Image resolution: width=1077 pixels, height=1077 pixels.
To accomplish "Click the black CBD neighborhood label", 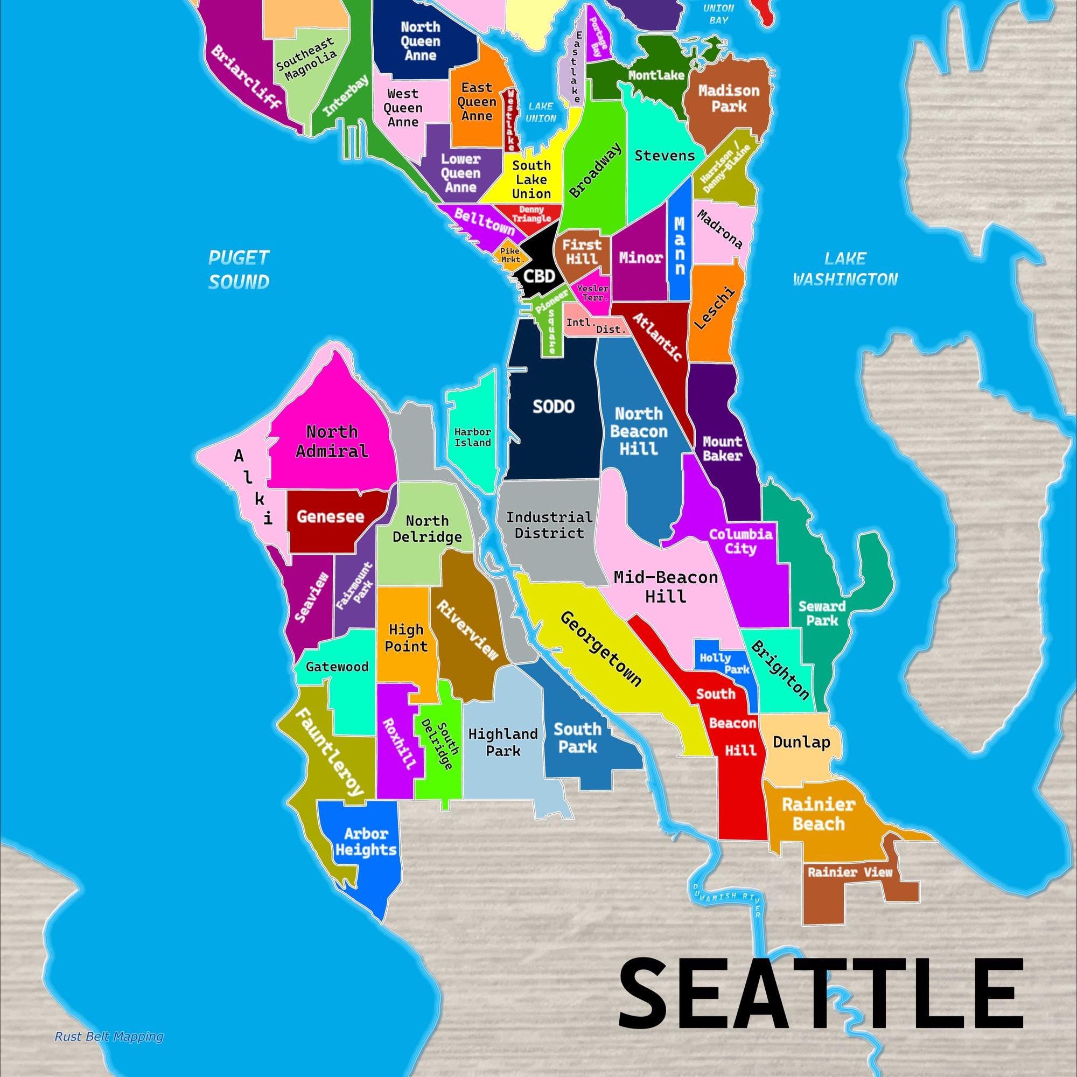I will (x=540, y=275).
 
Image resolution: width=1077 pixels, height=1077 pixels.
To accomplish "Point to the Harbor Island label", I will (x=472, y=437).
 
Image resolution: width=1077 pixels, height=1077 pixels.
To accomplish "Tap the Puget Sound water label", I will (x=239, y=270).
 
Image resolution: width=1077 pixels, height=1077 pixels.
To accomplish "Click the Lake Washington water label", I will (x=845, y=269).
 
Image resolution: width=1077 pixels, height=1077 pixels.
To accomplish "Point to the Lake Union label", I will (x=541, y=112).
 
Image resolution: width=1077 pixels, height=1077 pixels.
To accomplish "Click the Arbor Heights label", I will (x=366, y=842).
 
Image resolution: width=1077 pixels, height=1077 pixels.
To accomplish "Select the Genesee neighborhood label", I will (x=330, y=516).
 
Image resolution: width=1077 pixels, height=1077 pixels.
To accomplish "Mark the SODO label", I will (x=553, y=407).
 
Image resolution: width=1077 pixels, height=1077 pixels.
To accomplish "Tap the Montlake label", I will (x=656, y=75).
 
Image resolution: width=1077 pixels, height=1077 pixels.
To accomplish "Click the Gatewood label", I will (x=337, y=667).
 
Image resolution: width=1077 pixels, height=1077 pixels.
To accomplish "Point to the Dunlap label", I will (x=801, y=743).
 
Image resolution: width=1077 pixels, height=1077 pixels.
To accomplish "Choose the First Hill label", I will (x=582, y=252).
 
